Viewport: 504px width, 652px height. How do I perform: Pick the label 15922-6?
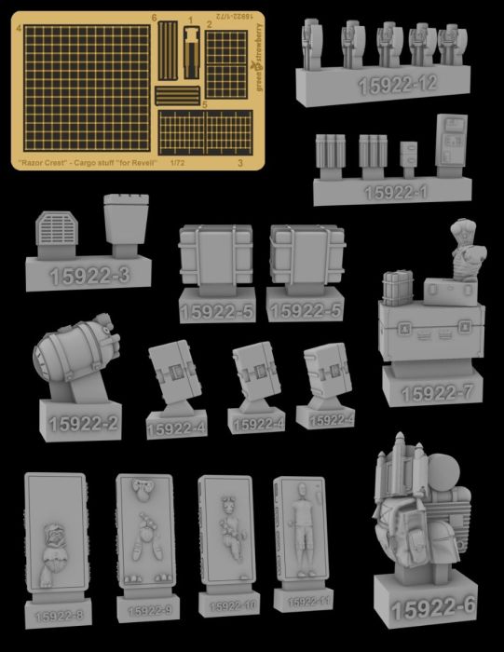[433, 608]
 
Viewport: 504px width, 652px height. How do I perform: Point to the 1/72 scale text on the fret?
[177, 162]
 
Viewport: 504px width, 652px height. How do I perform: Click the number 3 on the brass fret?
[241, 162]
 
